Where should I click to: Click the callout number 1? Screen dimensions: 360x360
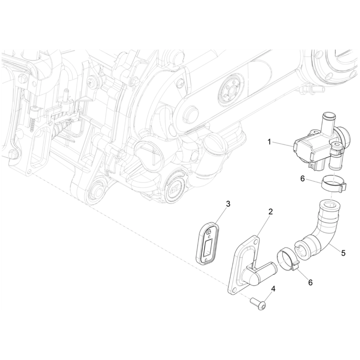pos(269,142)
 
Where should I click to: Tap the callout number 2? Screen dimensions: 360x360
pos(270,211)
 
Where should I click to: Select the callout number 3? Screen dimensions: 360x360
pos(228,204)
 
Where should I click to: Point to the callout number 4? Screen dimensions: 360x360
pos(273,288)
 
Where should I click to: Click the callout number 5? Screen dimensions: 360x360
pos(343,253)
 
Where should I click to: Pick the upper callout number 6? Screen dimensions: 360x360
pos(302,178)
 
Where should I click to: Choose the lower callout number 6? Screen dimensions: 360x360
pos(310,282)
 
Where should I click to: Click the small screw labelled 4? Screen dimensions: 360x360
pos(259,303)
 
